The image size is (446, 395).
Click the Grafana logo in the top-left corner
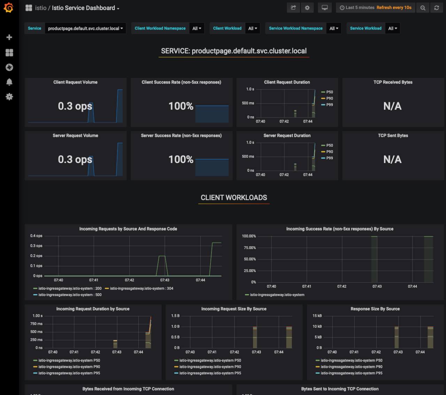click(x=9, y=8)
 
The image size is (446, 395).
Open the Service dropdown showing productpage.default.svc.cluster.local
click(x=85, y=29)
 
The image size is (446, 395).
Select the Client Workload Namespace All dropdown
click(x=197, y=29)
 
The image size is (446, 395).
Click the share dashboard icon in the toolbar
click(x=293, y=8)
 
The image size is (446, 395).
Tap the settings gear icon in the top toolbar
click(x=307, y=8)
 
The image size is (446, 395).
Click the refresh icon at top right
click(x=437, y=8)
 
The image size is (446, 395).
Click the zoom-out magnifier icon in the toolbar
click(x=423, y=8)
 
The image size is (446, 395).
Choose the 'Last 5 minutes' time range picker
click(x=357, y=8)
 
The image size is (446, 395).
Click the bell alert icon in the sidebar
click(x=9, y=82)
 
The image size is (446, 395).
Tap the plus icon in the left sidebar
click(x=9, y=37)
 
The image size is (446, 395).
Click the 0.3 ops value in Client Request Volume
click(x=75, y=106)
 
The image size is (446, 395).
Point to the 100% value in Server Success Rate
click(x=181, y=160)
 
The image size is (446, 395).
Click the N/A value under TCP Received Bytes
click(x=392, y=106)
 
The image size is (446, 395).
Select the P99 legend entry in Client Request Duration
click(x=329, y=105)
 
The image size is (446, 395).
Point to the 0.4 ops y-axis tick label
click(x=36, y=236)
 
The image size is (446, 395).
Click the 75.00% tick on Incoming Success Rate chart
click(x=249, y=248)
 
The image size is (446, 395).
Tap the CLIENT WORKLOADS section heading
click(x=234, y=198)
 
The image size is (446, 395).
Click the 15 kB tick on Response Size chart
click(x=317, y=316)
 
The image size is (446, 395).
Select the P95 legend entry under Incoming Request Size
click(x=210, y=373)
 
